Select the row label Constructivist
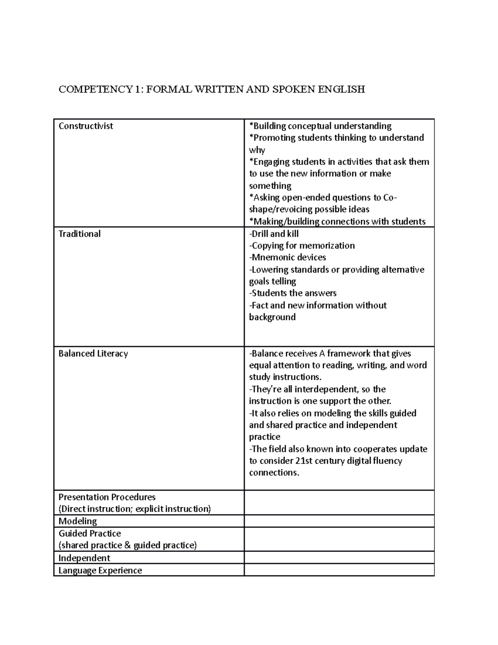pos(85,126)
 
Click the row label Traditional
pos(79,234)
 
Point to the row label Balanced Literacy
pos(93,353)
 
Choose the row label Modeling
pos(78,521)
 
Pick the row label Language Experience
pos(100,570)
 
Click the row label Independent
pos(84,558)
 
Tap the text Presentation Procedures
pos(107,497)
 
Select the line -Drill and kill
pos(274,234)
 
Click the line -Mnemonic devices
pos(288,258)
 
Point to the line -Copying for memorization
pos(302,245)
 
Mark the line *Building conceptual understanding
pos(320,126)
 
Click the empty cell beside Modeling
pos(339,521)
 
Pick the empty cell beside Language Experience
pos(339,570)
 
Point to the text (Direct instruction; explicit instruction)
pos(134,509)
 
